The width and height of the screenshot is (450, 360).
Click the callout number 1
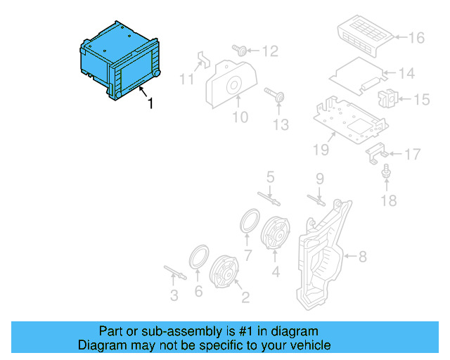150,103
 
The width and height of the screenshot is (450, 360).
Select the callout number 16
416,37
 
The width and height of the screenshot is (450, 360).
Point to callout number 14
407,72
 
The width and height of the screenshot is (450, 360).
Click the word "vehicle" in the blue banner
307,345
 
